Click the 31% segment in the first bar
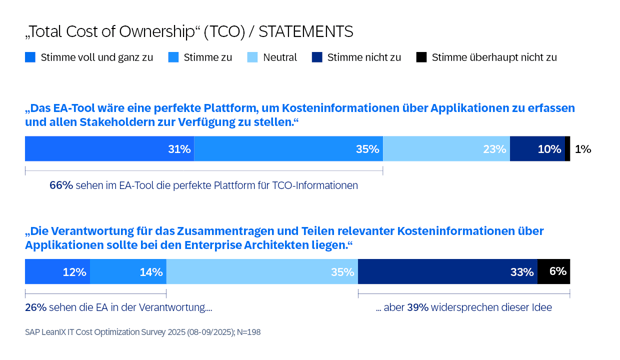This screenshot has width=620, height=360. click(109, 149)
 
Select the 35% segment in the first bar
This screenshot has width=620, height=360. click(288, 149)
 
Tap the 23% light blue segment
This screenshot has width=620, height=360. click(447, 149)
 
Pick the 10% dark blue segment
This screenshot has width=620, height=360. click(538, 149)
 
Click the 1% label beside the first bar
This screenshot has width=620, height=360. click(583, 149)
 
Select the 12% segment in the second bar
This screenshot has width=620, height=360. click(57, 271)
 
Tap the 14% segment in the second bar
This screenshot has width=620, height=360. click(128, 271)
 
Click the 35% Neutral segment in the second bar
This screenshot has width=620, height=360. click(262, 271)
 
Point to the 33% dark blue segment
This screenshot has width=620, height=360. click(447, 271)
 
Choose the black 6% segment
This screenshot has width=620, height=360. click(554, 271)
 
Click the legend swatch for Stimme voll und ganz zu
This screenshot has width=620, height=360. click(30, 57)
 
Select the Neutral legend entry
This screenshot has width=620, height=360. click(279, 57)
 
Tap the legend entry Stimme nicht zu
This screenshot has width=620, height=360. click(363, 57)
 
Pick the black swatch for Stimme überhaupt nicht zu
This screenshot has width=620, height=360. click(421, 57)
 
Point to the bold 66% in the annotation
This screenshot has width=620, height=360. click(61, 185)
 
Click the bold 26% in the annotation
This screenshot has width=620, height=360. click(36, 307)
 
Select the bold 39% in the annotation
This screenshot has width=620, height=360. click(417, 307)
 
